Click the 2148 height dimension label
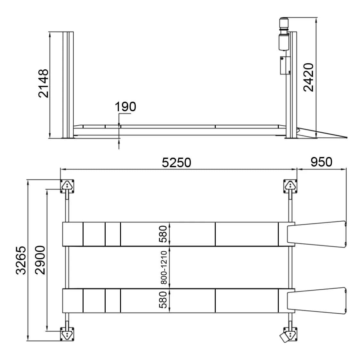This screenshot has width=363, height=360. click(44, 83)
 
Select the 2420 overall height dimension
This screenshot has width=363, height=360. click(309, 77)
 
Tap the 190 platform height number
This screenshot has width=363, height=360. click(125, 107)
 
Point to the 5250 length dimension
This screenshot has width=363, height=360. click(176, 162)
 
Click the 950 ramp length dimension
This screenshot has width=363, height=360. click(321, 162)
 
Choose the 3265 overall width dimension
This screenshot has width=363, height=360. click(21, 260)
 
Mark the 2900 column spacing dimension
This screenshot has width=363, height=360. click(40, 260)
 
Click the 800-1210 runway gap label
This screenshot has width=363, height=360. click(164, 267)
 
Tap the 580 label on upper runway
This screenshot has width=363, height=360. click(163, 234)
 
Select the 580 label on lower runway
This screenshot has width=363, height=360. click(163, 300)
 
